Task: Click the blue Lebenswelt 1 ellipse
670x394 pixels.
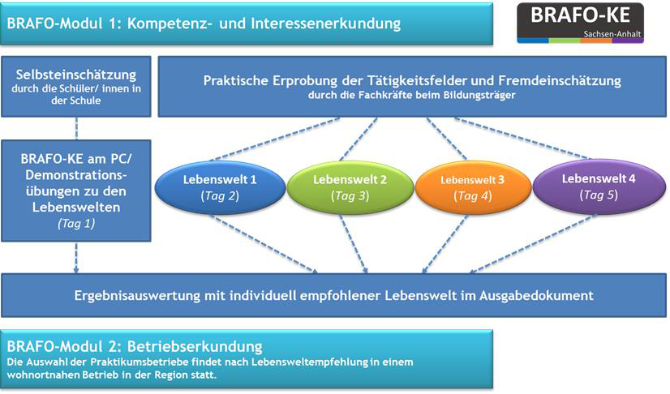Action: (x=220, y=187)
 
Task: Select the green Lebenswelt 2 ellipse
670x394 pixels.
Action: (x=350, y=187)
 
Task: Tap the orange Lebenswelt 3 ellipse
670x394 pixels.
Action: (x=473, y=187)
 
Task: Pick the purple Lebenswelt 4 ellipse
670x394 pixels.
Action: (x=599, y=186)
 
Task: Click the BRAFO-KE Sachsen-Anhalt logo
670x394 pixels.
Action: (x=580, y=23)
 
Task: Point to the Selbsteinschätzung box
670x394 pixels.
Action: (x=76, y=87)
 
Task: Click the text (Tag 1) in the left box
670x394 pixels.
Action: (x=76, y=223)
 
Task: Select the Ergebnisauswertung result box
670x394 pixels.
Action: (x=333, y=295)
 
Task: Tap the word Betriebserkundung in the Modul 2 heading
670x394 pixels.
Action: (x=195, y=346)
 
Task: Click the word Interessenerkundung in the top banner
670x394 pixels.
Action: (x=325, y=23)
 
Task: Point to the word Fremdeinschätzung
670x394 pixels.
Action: (x=560, y=80)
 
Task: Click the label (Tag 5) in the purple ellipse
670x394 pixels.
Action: (x=599, y=195)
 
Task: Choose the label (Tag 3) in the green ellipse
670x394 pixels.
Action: (x=350, y=196)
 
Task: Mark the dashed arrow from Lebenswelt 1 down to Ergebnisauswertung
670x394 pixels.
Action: (x=264, y=243)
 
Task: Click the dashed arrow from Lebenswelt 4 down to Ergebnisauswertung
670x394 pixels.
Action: (x=533, y=243)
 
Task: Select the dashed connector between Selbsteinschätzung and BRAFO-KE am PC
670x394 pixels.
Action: (x=76, y=128)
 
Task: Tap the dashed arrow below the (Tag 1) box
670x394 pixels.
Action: (x=76, y=258)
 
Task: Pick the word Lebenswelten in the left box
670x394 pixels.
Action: (x=76, y=207)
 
